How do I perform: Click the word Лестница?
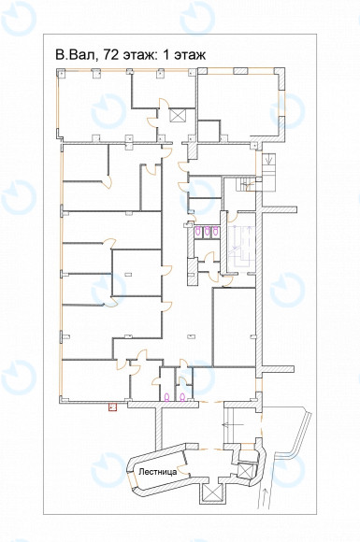click(158, 472)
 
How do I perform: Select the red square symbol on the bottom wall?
click(113, 406)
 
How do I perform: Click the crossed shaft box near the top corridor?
click(178, 116)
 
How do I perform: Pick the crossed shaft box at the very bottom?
click(211, 492)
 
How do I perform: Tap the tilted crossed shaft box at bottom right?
click(246, 470)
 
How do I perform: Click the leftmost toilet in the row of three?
click(198, 231)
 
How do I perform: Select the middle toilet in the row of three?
click(207, 231)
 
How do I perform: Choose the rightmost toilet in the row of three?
click(215, 231)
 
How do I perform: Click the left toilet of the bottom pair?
click(166, 397)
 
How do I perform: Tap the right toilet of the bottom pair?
click(182, 397)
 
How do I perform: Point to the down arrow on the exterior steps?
click(269, 160)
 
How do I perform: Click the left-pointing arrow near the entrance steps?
click(234, 424)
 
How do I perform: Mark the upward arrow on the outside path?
click(264, 500)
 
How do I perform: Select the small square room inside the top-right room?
click(209, 131)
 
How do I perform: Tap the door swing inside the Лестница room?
click(185, 473)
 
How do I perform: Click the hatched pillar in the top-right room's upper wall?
click(240, 71)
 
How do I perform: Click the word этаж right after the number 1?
click(190, 55)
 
